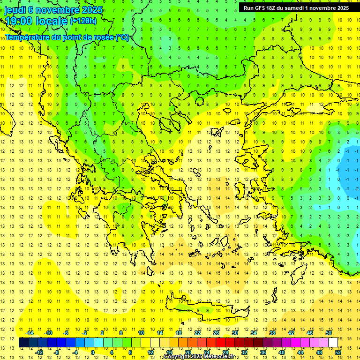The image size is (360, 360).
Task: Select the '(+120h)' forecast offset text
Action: [x=83, y=21]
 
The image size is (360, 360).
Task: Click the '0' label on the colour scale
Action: [x=92, y=352]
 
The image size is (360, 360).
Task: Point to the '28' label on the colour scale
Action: [x=225, y=352]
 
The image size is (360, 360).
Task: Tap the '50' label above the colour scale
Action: [x=329, y=333]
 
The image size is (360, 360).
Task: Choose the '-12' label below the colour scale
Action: [x=39, y=352]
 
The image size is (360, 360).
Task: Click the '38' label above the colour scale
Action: [x=272, y=333]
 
